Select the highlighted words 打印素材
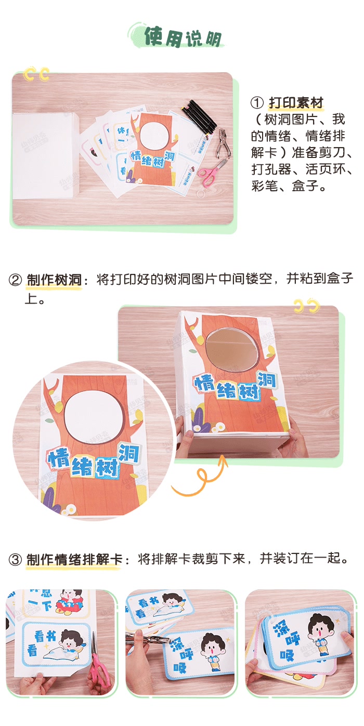tap(296, 102)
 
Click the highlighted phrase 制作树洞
tap(54, 280)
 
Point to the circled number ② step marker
tap(15, 281)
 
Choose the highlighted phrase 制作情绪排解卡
tap(73, 559)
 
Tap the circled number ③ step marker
tap(15, 560)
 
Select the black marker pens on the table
tap(200, 115)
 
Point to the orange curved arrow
tap(201, 479)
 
